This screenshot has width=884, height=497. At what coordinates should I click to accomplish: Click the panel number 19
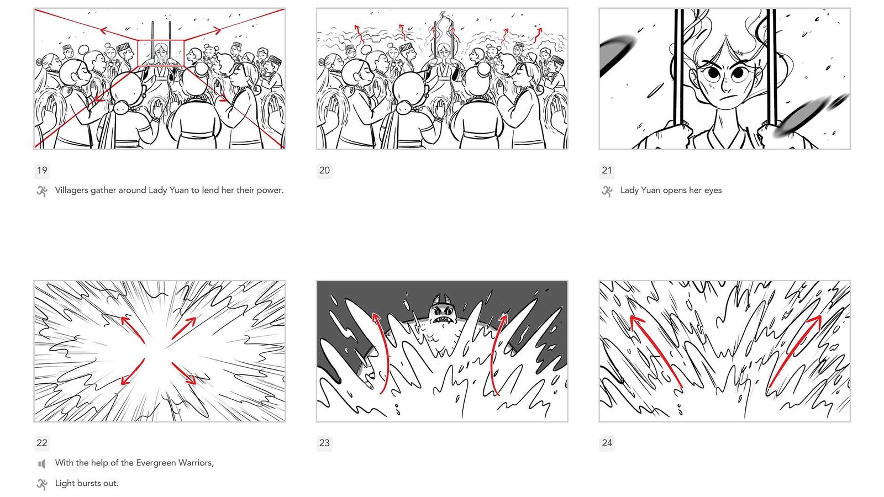42,171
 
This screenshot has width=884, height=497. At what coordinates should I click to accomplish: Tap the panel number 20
324,171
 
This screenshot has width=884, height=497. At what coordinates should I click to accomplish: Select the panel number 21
607,171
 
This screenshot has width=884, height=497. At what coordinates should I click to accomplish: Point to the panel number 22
42,443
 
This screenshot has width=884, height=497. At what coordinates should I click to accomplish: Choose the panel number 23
324,443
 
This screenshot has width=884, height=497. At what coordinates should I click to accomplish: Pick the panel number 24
607,443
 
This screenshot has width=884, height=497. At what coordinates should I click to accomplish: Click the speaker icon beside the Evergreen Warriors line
42,464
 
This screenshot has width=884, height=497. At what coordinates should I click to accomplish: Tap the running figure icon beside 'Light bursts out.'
42,484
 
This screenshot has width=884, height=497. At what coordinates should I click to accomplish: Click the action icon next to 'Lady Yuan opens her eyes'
607,191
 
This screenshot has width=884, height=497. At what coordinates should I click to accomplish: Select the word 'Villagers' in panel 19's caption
72,191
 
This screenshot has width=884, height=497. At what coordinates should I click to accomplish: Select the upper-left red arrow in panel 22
133,329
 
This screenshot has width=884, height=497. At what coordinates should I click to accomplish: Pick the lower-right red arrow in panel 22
184,373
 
